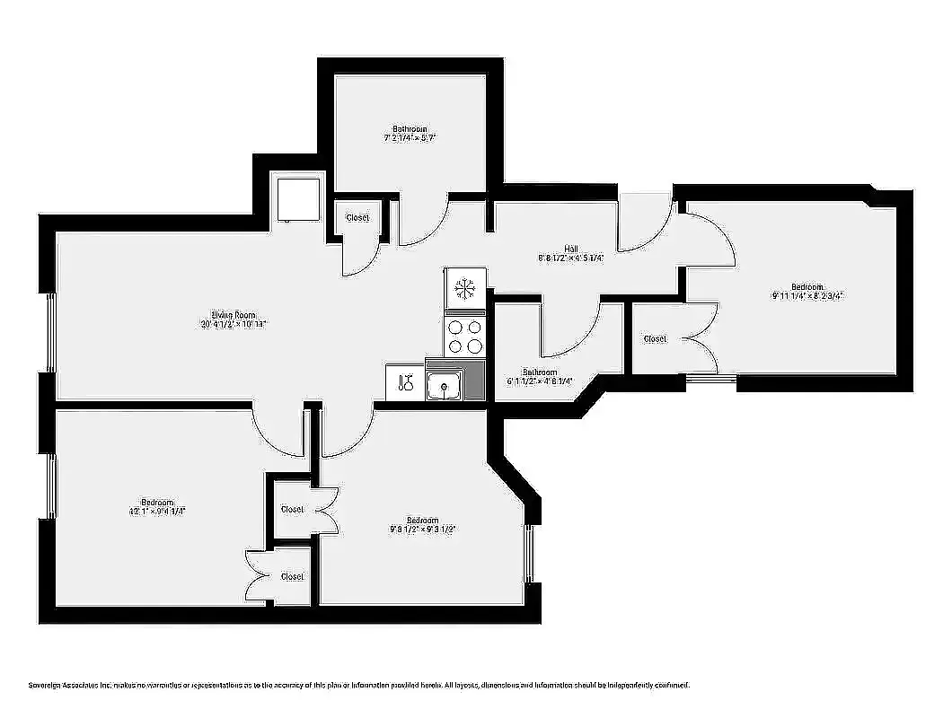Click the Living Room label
[234, 315]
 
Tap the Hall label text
[571, 248]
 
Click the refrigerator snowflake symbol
[465, 288]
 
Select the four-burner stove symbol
[465, 337]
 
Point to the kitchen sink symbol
[443, 386]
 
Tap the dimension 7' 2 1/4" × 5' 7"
[410, 138]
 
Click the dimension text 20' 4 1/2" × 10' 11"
[234, 325]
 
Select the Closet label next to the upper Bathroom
[357, 218]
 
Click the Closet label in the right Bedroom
[655, 338]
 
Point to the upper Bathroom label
[410, 128]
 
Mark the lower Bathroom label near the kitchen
[540, 372]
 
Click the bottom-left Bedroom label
[157, 502]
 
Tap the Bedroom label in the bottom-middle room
[422, 521]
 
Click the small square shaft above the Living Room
[297, 199]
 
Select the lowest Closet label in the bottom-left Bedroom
[292, 576]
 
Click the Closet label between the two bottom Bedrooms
[292, 509]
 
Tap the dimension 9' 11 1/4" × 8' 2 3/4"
[807, 296]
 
